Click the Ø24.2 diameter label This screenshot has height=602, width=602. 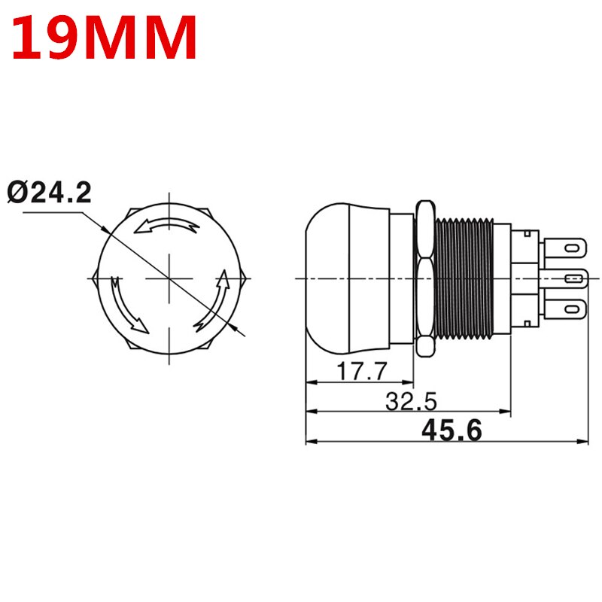50,193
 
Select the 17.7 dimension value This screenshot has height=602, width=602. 362,371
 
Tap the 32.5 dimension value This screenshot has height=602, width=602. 411,401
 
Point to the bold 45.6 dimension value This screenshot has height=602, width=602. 451,430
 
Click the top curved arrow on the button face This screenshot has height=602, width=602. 169,223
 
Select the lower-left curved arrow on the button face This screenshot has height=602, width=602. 126,304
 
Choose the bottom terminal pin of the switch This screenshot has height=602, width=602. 568,308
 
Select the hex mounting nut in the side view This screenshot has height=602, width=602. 425,278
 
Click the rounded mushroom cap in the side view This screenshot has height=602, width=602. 339,278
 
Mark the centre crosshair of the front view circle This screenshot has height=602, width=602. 169,278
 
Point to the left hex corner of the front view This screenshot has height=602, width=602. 93,278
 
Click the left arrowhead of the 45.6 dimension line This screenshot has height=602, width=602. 310,441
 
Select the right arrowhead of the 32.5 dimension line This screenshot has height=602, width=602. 506,412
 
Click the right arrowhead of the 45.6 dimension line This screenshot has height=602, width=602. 585,441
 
